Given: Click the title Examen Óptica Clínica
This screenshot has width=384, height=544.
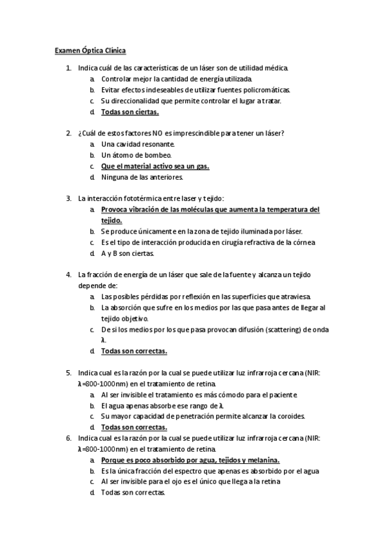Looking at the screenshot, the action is click(x=90, y=49).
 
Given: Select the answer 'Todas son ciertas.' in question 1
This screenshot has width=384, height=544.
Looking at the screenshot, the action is click(x=125, y=112).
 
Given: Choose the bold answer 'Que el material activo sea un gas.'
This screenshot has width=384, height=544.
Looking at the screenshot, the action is click(x=155, y=166).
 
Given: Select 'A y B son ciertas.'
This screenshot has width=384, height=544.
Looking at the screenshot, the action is click(x=128, y=253).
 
